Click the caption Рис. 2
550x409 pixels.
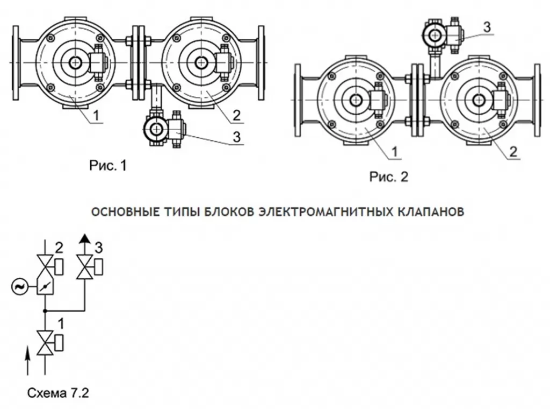tap(388, 177)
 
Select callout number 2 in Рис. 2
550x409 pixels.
tap(513, 152)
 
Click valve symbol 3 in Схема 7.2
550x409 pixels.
tap(84, 267)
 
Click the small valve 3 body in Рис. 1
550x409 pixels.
tap(162, 129)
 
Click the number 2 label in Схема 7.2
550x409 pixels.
tap(59, 249)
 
